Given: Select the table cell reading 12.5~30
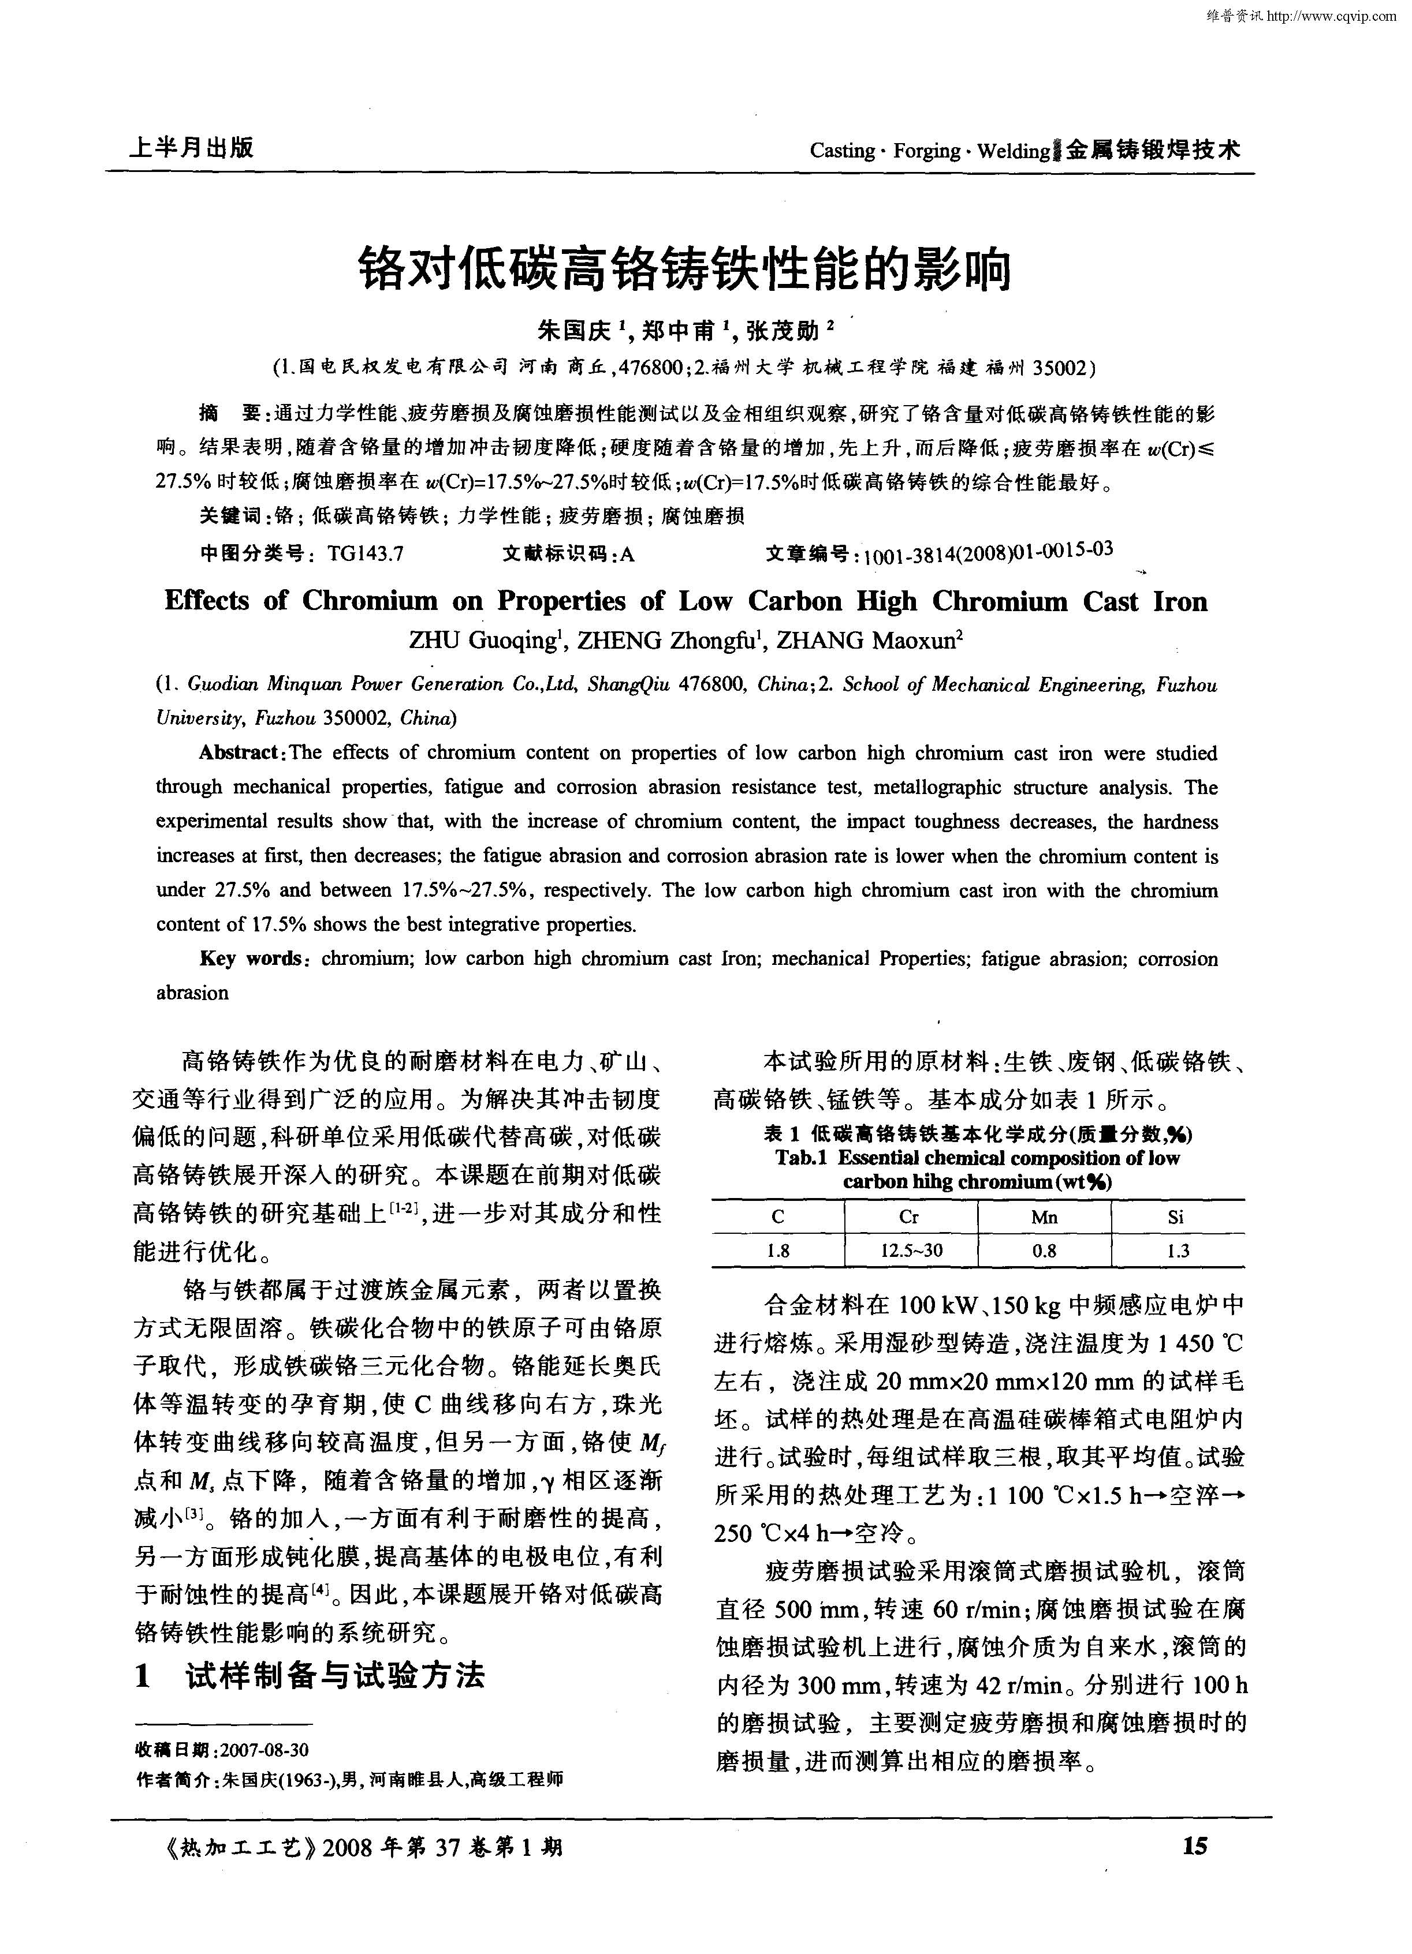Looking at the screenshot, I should pyautogui.click(x=910, y=1251).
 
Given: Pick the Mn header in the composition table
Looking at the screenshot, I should pyautogui.click(x=1044, y=1216).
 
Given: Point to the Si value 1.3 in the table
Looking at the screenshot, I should pyautogui.click(x=1178, y=1251).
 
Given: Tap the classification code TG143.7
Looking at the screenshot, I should pyautogui.click(x=366, y=554).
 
